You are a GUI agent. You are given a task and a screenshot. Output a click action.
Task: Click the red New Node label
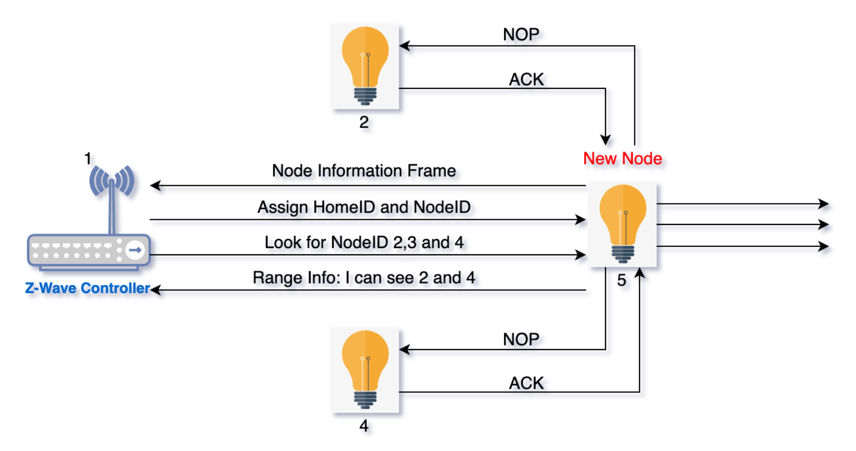[622, 159]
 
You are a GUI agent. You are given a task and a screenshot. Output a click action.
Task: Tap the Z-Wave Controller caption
[87, 288]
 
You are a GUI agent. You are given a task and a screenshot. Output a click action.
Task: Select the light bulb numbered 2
[365, 66]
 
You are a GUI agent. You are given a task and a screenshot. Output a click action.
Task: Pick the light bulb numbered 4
[365, 369]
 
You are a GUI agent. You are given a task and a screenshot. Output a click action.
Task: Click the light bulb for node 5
[622, 223]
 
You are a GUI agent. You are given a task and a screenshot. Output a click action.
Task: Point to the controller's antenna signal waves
[112, 181]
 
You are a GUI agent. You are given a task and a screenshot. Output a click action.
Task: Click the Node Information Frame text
[364, 171]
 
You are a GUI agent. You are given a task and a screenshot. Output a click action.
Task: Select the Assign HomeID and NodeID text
[364, 207]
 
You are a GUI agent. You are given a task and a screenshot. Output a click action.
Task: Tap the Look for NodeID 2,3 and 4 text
[364, 243]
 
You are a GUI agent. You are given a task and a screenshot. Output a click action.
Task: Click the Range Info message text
[364, 278]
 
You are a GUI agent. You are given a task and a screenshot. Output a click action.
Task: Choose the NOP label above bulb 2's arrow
[521, 35]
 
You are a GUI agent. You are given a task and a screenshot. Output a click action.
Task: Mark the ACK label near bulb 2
[526, 80]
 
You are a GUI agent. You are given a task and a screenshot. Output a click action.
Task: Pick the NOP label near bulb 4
[521, 340]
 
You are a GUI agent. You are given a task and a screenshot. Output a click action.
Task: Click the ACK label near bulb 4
[526, 384]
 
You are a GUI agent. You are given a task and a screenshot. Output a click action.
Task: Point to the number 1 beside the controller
[87, 158]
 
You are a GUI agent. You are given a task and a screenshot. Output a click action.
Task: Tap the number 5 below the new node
[621, 280]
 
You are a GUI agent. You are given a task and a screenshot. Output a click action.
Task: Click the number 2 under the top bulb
[364, 122]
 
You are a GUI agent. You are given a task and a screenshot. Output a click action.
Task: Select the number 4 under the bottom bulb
[364, 426]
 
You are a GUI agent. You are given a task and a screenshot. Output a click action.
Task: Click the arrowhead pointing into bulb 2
[404, 46]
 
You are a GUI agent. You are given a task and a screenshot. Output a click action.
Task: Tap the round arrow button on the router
[135, 250]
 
